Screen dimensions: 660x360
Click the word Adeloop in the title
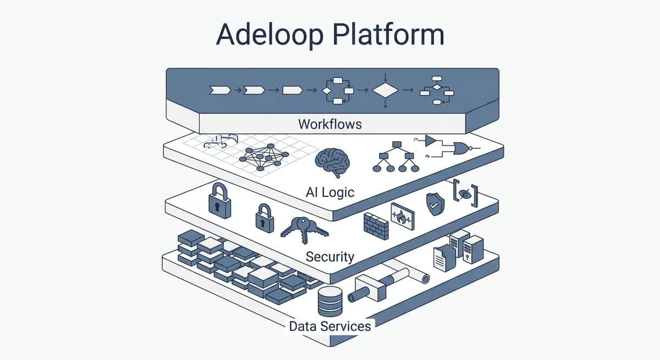click(269, 35)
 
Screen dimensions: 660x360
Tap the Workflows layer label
click(330, 124)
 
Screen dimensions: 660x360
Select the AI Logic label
click(330, 192)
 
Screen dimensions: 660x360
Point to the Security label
click(330, 257)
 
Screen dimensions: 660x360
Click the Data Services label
click(330, 326)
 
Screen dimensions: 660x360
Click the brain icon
click(332, 163)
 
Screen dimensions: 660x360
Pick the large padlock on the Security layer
click(219, 201)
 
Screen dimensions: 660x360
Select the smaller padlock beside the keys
click(265, 218)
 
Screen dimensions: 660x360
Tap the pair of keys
click(304, 229)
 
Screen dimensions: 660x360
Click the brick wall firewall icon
click(376, 226)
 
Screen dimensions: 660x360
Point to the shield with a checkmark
click(435, 204)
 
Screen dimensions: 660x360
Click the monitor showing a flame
click(403, 216)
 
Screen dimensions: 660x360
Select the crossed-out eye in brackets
click(465, 193)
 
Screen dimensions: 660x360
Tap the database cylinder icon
click(331, 302)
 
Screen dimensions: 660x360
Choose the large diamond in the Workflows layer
click(386, 90)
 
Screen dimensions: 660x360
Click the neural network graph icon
click(264, 157)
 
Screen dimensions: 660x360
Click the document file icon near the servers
click(444, 258)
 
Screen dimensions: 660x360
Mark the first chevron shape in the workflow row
click(220, 90)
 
